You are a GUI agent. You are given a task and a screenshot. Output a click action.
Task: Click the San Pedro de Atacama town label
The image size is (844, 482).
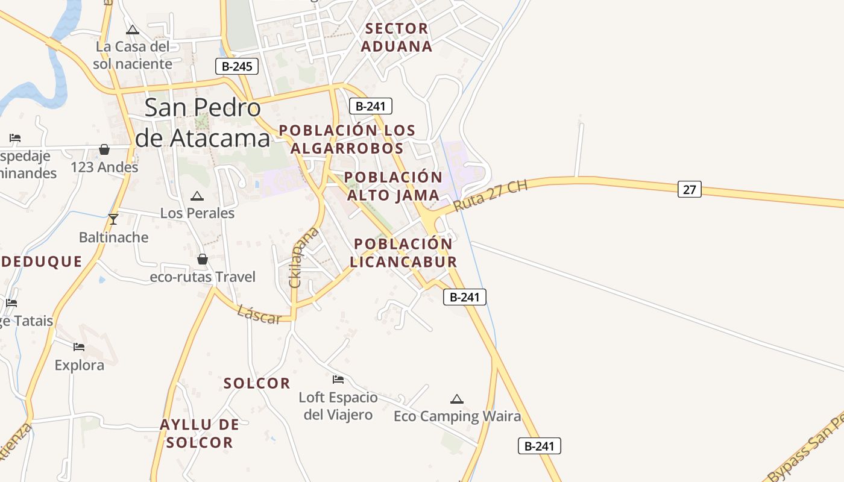[x=203, y=123]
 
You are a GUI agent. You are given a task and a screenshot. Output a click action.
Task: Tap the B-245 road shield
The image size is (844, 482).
[x=237, y=66]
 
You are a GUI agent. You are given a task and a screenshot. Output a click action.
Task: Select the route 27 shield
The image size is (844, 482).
[x=690, y=189]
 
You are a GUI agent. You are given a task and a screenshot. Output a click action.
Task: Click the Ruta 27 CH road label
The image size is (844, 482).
[x=490, y=195]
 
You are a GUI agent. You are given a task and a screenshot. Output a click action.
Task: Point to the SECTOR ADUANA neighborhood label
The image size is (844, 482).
[x=397, y=37]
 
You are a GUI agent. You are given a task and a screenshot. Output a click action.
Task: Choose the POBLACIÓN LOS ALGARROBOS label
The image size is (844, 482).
[x=347, y=139]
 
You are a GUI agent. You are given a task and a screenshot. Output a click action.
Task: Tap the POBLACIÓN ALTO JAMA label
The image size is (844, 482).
[x=393, y=186]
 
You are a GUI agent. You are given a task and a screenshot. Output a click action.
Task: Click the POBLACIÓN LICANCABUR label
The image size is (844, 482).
[x=403, y=253]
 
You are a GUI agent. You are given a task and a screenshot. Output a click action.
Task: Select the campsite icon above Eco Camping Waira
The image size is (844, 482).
[x=457, y=399]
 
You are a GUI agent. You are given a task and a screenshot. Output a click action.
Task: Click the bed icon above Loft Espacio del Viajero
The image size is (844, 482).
[x=338, y=380]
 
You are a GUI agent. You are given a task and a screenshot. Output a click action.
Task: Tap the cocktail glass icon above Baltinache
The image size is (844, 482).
[x=113, y=219]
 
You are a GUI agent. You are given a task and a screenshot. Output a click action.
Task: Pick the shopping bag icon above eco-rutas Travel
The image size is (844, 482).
[x=203, y=259]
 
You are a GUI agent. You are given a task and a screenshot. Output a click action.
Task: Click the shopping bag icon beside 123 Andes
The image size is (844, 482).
[x=104, y=149]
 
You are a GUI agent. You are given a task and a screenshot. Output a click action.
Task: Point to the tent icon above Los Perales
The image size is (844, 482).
[x=197, y=196]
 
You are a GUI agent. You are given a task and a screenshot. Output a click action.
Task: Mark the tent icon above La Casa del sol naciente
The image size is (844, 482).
[x=133, y=30]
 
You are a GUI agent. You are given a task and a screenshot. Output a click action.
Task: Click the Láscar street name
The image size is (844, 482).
[x=259, y=314]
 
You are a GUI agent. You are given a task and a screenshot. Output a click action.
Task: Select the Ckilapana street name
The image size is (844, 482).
[x=303, y=257]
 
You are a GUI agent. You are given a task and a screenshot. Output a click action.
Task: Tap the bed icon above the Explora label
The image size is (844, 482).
[x=79, y=347]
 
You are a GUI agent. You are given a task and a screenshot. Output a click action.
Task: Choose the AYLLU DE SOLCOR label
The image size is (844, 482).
[x=199, y=434]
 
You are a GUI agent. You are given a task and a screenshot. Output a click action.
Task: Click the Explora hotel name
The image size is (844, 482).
[x=79, y=365]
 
